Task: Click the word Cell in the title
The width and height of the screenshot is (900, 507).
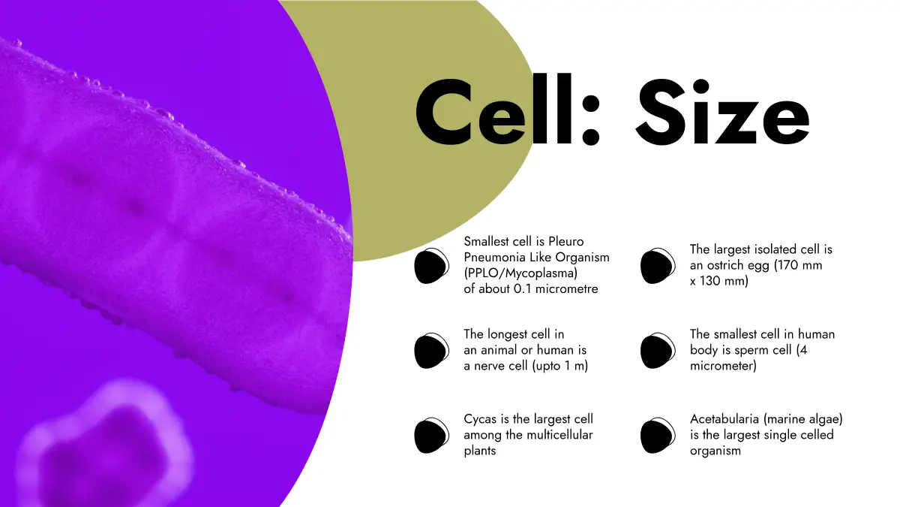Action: [493, 109]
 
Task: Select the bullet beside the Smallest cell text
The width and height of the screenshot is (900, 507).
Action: [431, 266]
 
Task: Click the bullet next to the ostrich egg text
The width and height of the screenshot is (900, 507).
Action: [658, 266]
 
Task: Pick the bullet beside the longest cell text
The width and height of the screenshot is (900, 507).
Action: [431, 351]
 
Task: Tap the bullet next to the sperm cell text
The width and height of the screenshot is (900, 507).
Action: [658, 351]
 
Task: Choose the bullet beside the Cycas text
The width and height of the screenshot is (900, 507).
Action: [431, 436]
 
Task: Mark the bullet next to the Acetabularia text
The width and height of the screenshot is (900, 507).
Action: [658, 436]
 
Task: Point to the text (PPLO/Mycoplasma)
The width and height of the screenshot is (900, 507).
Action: [520, 273]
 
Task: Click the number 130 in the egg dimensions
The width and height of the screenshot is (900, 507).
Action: [709, 281]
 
